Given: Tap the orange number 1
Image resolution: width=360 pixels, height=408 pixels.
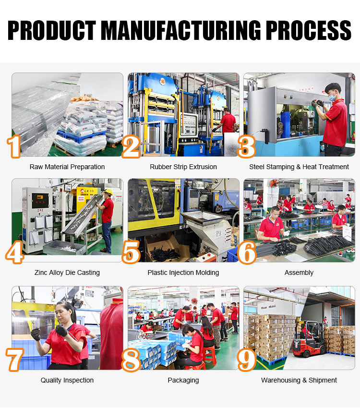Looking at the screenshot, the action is [x=14, y=147].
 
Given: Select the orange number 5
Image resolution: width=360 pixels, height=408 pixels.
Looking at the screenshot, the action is [x=131, y=252].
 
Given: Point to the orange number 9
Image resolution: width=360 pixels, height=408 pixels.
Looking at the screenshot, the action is [x=247, y=359].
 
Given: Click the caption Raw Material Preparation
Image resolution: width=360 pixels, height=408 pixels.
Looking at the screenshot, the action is [x=67, y=167].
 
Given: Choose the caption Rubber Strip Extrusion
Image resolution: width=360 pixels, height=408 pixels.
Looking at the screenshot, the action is [x=183, y=167].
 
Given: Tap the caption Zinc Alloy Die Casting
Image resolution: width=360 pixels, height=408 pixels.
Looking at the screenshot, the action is [x=67, y=272].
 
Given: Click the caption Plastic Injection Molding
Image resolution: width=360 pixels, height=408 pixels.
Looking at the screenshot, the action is [x=183, y=272].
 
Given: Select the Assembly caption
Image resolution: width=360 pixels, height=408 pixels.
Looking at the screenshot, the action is [x=299, y=272].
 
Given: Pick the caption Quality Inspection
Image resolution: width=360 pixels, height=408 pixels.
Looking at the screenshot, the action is [x=67, y=381].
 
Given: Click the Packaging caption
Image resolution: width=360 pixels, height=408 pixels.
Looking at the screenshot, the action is [x=183, y=381].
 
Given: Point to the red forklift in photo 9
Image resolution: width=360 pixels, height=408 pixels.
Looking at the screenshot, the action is [x=309, y=339].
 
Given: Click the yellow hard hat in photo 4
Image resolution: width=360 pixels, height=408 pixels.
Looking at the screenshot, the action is [x=108, y=192].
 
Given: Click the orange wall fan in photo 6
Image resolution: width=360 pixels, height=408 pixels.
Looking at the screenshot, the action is [x=274, y=184].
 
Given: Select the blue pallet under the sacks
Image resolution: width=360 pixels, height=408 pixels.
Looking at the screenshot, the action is [x=81, y=136].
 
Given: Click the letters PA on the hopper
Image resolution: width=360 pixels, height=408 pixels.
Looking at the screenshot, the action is [x=218, y=234].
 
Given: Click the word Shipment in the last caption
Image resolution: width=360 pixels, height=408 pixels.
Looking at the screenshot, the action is [x=323, y=381].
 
